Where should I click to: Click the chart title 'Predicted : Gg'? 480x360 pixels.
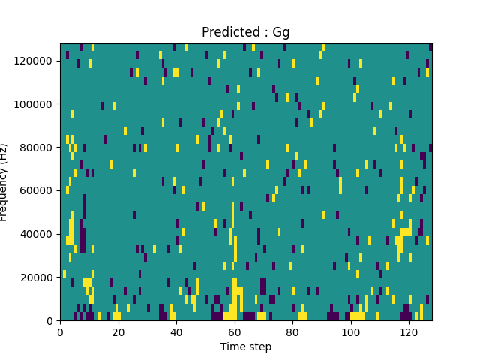245,33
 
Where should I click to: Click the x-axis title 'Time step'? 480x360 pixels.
246,346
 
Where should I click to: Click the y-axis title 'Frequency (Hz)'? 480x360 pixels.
5,182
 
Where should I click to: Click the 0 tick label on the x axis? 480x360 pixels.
60,332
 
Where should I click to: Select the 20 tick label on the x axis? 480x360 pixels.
118,332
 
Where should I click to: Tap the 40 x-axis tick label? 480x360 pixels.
176,332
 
